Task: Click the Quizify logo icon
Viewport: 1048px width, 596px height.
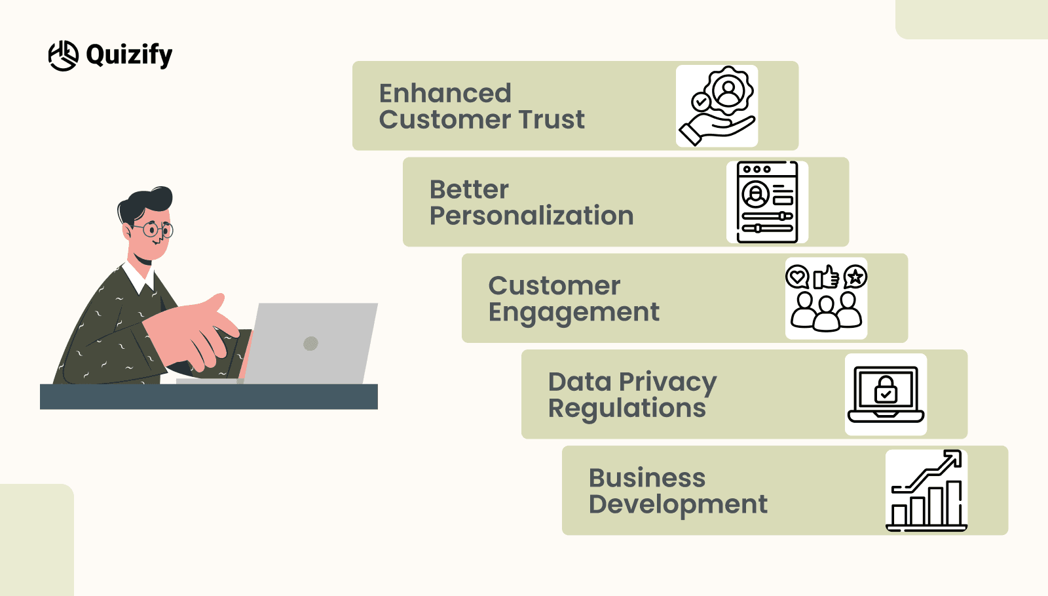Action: tap(64, 56)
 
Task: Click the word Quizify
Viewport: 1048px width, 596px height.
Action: tap(129, 55)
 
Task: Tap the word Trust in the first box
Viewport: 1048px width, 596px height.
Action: tap(552, 120)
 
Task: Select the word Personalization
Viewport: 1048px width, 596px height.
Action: tap(531, 216)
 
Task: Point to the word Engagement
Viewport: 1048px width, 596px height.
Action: tap(574, 313)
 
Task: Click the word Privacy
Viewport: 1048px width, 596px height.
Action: tap(667, 382)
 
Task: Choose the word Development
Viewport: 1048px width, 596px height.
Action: tap(678, 505)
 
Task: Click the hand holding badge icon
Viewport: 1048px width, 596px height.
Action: tap(717, 106)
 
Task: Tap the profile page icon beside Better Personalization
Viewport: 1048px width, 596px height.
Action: tap(767, 202)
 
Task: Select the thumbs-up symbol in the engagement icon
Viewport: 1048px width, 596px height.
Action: tap(826, 277)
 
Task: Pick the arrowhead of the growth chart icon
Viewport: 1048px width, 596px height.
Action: tap(954, 458)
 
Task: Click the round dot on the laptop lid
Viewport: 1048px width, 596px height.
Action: tap(311, 343)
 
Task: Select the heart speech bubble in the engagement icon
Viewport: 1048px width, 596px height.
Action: tap(797, 277)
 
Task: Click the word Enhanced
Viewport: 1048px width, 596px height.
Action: tap(445, 94)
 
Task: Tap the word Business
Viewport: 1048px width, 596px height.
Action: tap(647, 478)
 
